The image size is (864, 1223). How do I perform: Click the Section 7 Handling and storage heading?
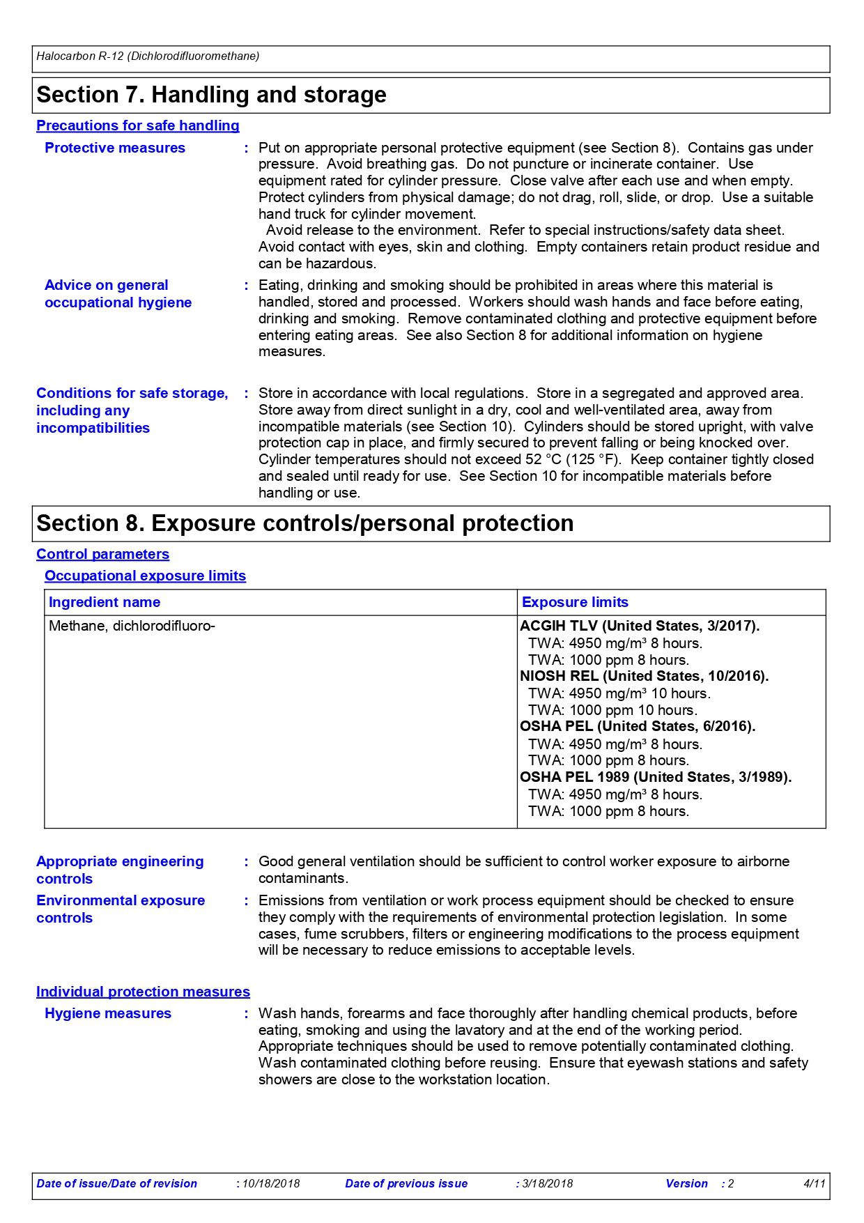pos(211,95)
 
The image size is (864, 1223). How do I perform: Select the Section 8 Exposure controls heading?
pos(304,523)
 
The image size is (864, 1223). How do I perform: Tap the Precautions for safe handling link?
pos(137,125)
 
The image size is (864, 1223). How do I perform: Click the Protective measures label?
pos(115,148)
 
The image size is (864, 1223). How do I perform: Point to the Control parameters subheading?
pos(102,554)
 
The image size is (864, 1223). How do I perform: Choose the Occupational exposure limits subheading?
pos(145,576)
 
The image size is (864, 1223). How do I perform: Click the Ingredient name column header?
pos(105,602)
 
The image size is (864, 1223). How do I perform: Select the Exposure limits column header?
pos(575,602)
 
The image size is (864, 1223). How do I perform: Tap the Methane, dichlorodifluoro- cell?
pos(132,626)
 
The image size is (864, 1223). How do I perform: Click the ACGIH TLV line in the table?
pos(639,626)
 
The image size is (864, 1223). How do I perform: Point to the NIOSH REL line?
pos(644,676)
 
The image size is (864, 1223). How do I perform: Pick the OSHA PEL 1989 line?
pos(655,777)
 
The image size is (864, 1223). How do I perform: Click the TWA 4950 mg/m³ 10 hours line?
pos(619,693)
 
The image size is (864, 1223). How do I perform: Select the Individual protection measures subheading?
pos(143,992)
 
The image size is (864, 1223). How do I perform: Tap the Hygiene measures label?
pos(108,1013)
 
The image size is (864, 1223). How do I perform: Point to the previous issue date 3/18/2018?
pos(548,1183)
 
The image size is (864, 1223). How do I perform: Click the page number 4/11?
pos(814,1183)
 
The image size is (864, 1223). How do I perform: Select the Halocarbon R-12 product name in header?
pos(148,56)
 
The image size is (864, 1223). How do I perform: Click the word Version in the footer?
pos(686,1183)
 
